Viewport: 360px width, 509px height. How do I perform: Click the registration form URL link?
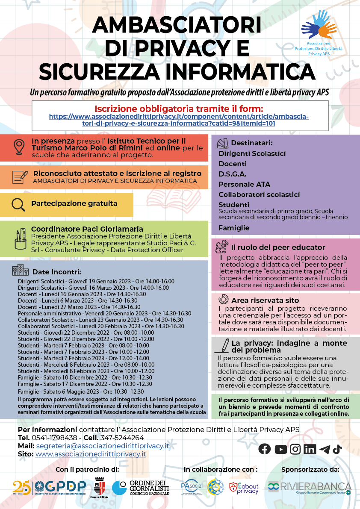179,120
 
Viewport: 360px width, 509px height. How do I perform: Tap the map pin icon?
18,147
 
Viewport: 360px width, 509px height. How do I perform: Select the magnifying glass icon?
18,205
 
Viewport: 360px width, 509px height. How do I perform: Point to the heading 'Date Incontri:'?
56,272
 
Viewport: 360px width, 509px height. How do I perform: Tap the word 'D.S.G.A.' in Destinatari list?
233,174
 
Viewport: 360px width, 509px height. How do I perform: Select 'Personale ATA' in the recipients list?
245,184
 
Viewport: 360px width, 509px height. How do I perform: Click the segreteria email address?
103,446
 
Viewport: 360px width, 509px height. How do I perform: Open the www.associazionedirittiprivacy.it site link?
91,454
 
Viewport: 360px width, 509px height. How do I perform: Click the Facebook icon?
265,449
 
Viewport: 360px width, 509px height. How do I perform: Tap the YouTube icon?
280,449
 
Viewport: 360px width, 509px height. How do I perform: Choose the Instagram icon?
295,449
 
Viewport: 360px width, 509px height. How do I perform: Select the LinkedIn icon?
310,449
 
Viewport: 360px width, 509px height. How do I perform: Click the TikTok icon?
337,449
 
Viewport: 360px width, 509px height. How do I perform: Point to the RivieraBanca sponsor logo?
310,488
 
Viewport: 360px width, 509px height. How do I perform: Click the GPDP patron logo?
50,488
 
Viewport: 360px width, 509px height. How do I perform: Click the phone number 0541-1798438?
54,438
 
